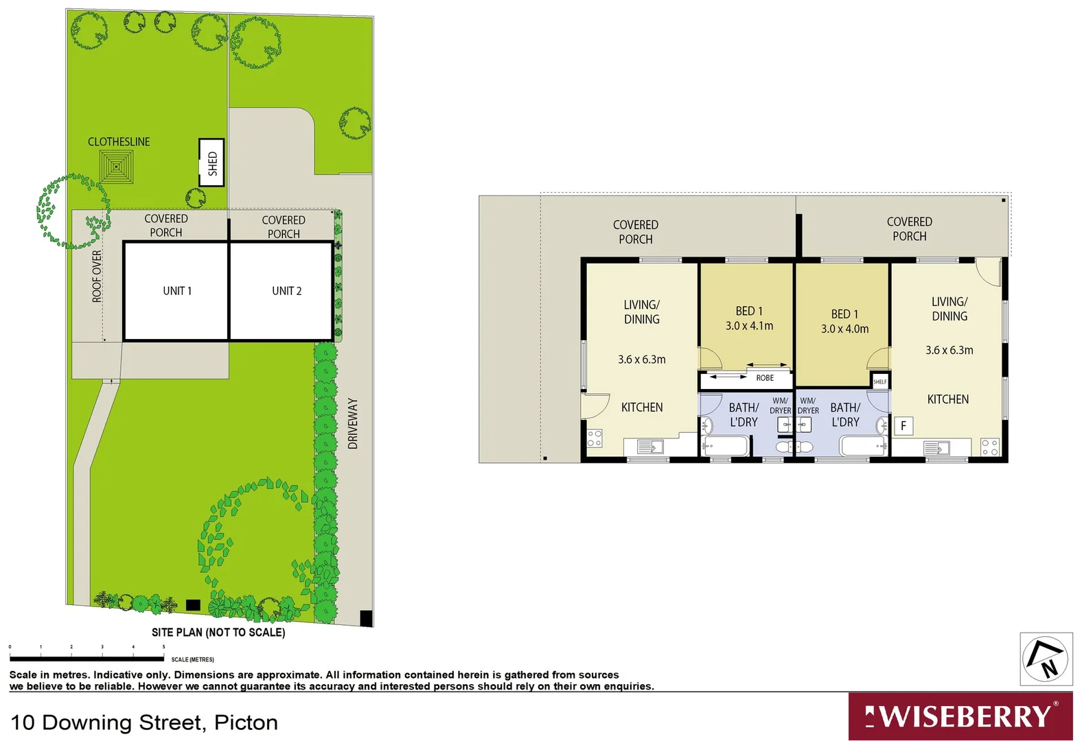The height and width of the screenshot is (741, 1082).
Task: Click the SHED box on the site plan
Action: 212,163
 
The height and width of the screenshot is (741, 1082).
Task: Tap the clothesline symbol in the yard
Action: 117,166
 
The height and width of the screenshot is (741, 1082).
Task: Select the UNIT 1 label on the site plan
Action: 177,291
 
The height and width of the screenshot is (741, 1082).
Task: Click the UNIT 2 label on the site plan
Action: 286,291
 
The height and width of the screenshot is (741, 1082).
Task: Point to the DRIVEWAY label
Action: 353,423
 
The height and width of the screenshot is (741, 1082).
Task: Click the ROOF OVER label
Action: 97,276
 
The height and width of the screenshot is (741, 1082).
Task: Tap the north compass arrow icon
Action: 1046,659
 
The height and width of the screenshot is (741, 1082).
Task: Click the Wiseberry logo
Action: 960,716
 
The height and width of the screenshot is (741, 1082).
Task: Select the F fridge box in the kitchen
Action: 903,426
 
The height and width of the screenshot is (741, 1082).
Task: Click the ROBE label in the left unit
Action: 765,378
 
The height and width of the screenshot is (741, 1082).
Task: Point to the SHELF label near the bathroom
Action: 880,381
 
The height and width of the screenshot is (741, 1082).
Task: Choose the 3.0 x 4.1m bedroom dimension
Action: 749,326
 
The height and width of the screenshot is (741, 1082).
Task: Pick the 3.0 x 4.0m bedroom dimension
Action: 844,329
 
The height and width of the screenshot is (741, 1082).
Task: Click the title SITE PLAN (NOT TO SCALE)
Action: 218,632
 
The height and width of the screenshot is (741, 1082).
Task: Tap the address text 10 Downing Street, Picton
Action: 144,722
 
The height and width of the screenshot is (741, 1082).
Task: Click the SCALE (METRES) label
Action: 192,659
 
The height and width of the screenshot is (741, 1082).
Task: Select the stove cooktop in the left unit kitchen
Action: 595,438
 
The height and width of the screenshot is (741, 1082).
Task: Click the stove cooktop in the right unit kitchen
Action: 989,447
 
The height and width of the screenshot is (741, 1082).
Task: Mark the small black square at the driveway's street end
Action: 366,617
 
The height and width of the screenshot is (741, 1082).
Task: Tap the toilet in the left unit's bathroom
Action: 783,447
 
